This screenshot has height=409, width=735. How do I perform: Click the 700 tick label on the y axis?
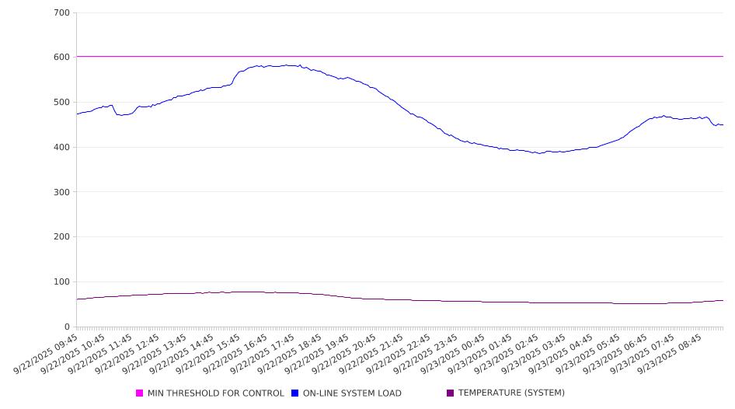pos(62,13)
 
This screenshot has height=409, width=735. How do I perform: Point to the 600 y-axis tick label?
pos(62,58)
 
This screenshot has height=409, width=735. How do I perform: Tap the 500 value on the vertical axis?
pos(62,103)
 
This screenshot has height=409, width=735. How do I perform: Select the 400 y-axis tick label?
pos(62,148)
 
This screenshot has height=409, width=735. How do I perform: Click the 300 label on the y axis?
pos(62,192)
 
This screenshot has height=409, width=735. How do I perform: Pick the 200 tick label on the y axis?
pos(62,237)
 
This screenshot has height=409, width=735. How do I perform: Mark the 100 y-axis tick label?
pos(62,282)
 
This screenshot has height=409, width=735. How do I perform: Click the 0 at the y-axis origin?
pos(68,327)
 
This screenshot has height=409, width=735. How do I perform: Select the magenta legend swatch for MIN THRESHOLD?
pos(140,393)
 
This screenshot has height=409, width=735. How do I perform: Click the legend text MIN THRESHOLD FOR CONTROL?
pos(215,393)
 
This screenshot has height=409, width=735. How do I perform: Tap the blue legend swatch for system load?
pos(295,393)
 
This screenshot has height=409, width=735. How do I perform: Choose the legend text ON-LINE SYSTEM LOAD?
pos(352,393)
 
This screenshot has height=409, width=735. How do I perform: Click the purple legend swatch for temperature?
pos(451,393)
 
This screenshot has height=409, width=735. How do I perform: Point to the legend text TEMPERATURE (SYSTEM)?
pos(511,393)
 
